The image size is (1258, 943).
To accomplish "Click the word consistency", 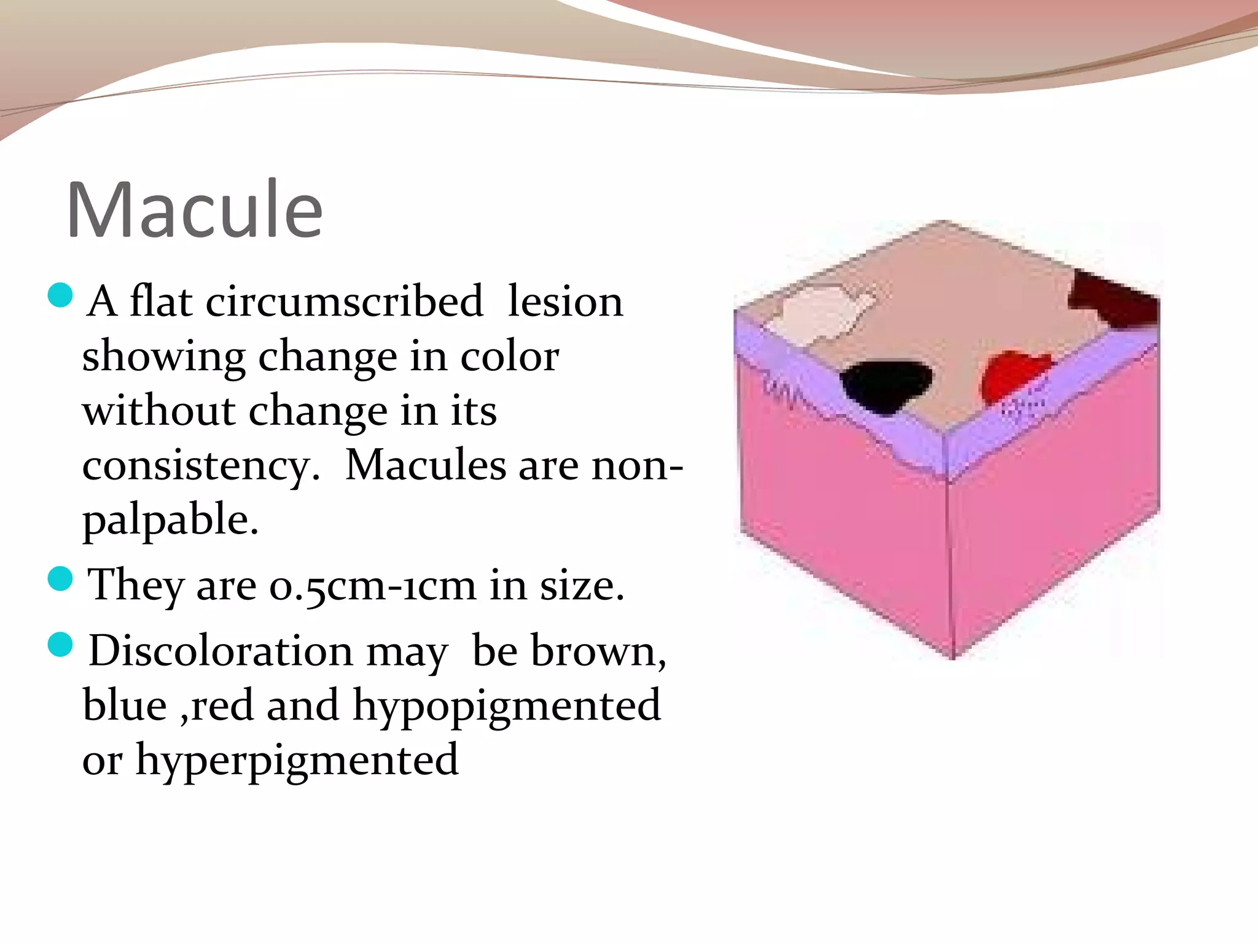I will click(200, 465).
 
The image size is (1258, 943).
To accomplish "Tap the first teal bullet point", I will click(60, 295).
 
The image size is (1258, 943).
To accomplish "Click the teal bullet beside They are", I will click(60, 578).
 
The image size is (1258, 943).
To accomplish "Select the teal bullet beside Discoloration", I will click(60, 645).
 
